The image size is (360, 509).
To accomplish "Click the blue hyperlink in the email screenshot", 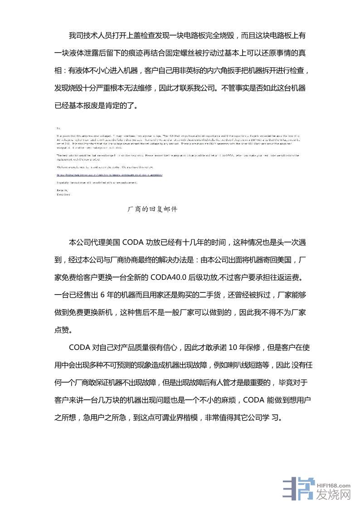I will [x=109, y=175].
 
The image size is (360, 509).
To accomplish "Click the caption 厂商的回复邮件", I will [x=153, y=209].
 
